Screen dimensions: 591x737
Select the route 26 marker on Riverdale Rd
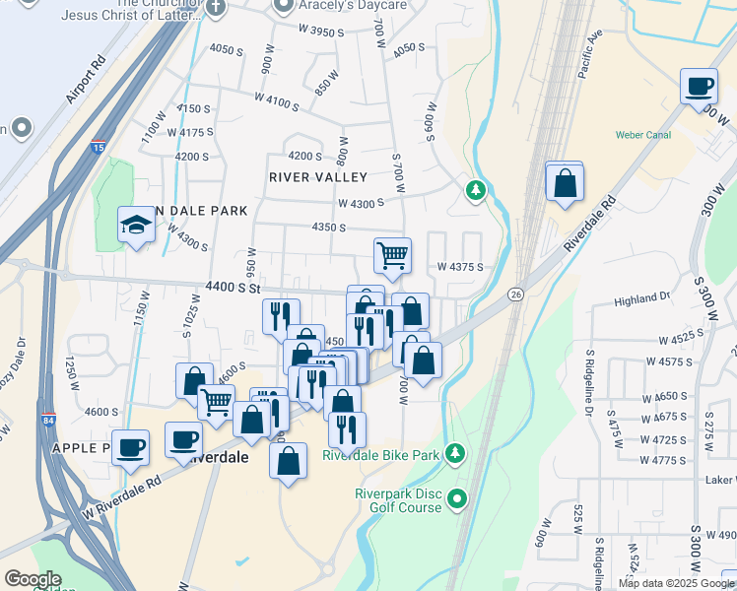click(515, 295)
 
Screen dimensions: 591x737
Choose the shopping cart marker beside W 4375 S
click(392, 255)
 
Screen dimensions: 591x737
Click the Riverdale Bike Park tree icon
click(454, 453)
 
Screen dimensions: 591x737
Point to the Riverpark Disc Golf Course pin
click(457, 499)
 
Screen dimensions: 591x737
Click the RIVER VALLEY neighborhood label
click(317, 177)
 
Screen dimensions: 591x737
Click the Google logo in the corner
click(33, 579)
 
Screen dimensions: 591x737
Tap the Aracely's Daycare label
click(341, 6)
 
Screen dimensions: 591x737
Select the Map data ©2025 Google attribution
click(676, 583)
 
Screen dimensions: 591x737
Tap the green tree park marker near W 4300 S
click(476, 188)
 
